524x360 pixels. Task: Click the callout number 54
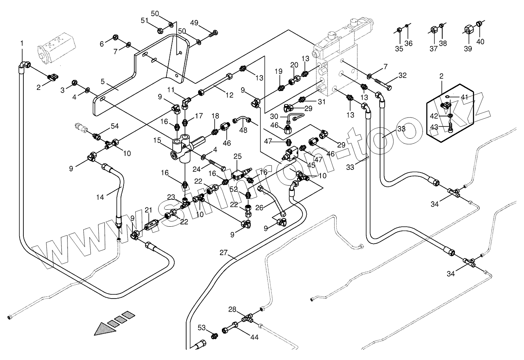click(x=115, y=126)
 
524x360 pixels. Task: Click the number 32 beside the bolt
click(x=402, y=75)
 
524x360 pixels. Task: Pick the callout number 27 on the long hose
click(x=224, y=253)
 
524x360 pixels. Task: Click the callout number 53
click(x=202, y=327)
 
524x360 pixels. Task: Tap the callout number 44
click(x=254, y=337)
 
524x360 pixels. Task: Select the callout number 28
click(x=232, y=309)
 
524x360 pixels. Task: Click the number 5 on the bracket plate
click(x=102, y=81)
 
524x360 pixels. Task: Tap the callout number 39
click(x=468, y=48)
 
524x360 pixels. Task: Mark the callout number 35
click(x=399, y=48)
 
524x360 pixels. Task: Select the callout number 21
click(x=148, y=210)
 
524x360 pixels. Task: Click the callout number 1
click(x=22, y=43)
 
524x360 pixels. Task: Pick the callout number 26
click(x=260, y=207)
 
